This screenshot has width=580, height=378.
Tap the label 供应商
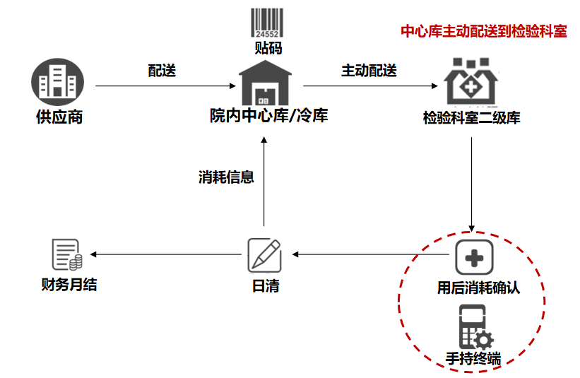[x=59, y=117]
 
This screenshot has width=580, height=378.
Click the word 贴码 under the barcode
[x=268, y=48]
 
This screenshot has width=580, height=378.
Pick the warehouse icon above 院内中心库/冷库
[x=266, y=83]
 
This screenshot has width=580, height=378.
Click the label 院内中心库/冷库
[x=268, y=115]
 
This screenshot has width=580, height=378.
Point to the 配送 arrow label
[x=161, y=71]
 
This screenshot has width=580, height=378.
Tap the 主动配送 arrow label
[x=369, y=71]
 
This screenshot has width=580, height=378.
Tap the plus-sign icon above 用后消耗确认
[x=473, y=257]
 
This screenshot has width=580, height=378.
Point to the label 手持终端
[x=473, y=358]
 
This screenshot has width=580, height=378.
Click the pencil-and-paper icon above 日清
[x=264, y=255]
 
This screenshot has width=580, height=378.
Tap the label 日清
[x=265, y=287]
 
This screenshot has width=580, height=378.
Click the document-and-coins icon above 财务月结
[x=66, y=255]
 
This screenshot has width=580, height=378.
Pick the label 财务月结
[x=68, y=285]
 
